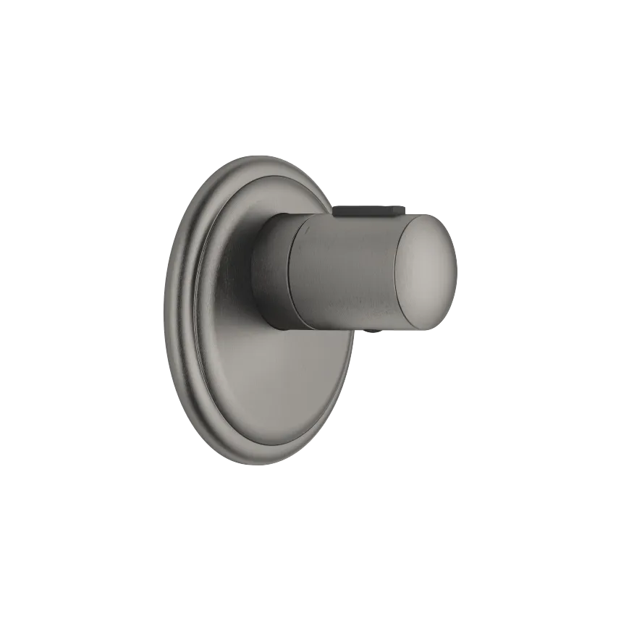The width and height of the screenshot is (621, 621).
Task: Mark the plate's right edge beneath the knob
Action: pos(350,362)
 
